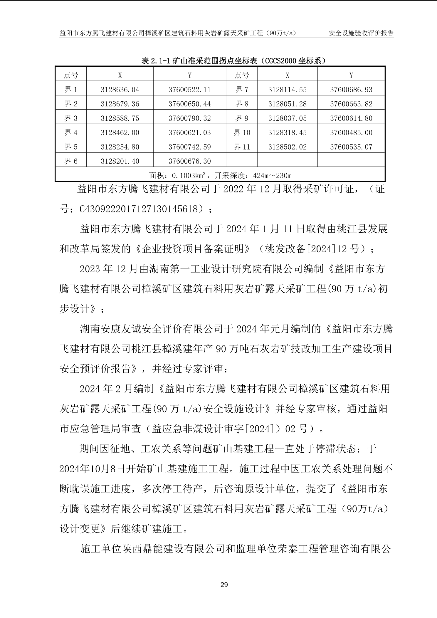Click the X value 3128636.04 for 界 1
[120, 90]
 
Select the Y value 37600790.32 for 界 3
[189, 118]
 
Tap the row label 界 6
[71, 161]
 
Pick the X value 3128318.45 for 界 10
[287, 133]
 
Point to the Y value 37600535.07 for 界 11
[351, 147]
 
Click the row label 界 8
[242, 104]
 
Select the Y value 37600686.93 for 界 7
[351, 90]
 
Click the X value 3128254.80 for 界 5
[120, 147]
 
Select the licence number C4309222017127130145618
[138, 209]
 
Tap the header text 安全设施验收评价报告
[361, 33]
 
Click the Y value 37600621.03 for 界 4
[189, 133]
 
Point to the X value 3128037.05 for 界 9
[287, 118]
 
